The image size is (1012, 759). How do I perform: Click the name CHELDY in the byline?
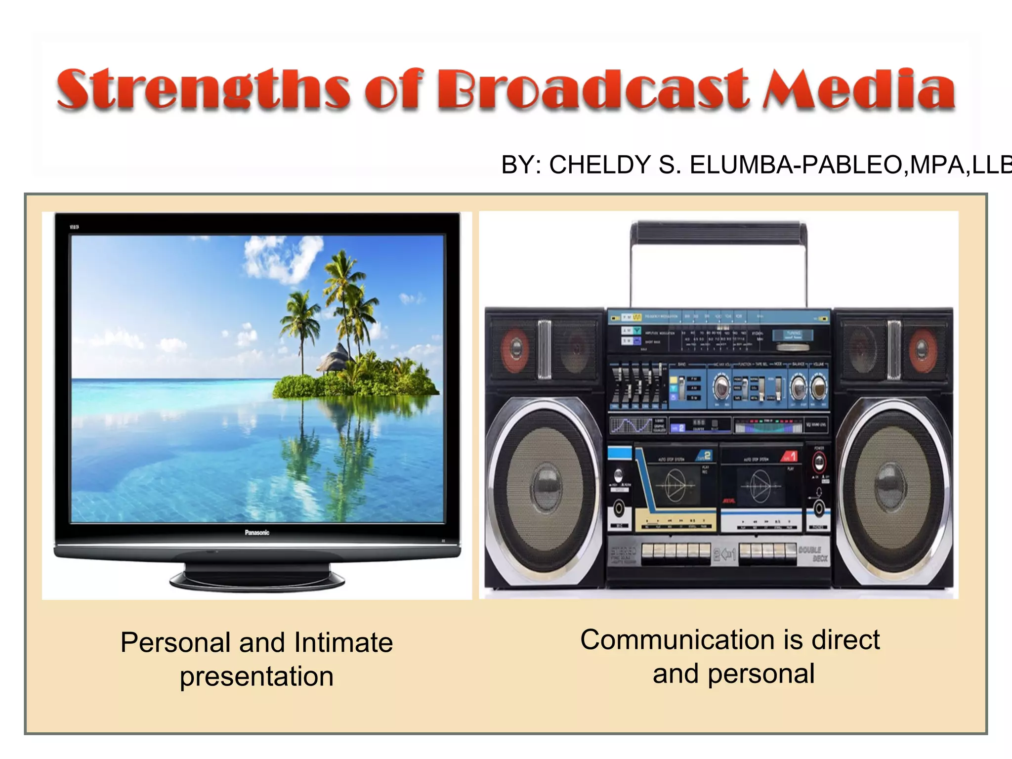coord(600,165)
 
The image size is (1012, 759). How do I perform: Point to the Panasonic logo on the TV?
coord(257,532)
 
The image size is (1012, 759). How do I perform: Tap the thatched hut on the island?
coord(334,357)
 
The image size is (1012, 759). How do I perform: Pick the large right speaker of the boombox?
coord(891,487)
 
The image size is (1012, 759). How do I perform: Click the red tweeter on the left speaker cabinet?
coord(515,348)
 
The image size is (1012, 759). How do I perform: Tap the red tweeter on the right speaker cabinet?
coord(921,348)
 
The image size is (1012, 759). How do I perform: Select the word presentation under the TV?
coord(256,676)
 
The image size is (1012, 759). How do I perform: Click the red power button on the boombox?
coord(819,463)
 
